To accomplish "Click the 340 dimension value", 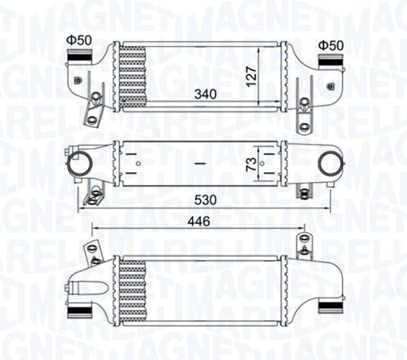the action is click(x=206, y=94).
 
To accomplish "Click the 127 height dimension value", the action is click(x=251, y=77).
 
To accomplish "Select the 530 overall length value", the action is click(x=206, y=200).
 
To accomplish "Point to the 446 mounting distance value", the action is click(x=199, y=221).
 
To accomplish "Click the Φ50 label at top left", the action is click(x=79, y=40).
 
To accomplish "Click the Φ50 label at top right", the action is click(x=331, y=45).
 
